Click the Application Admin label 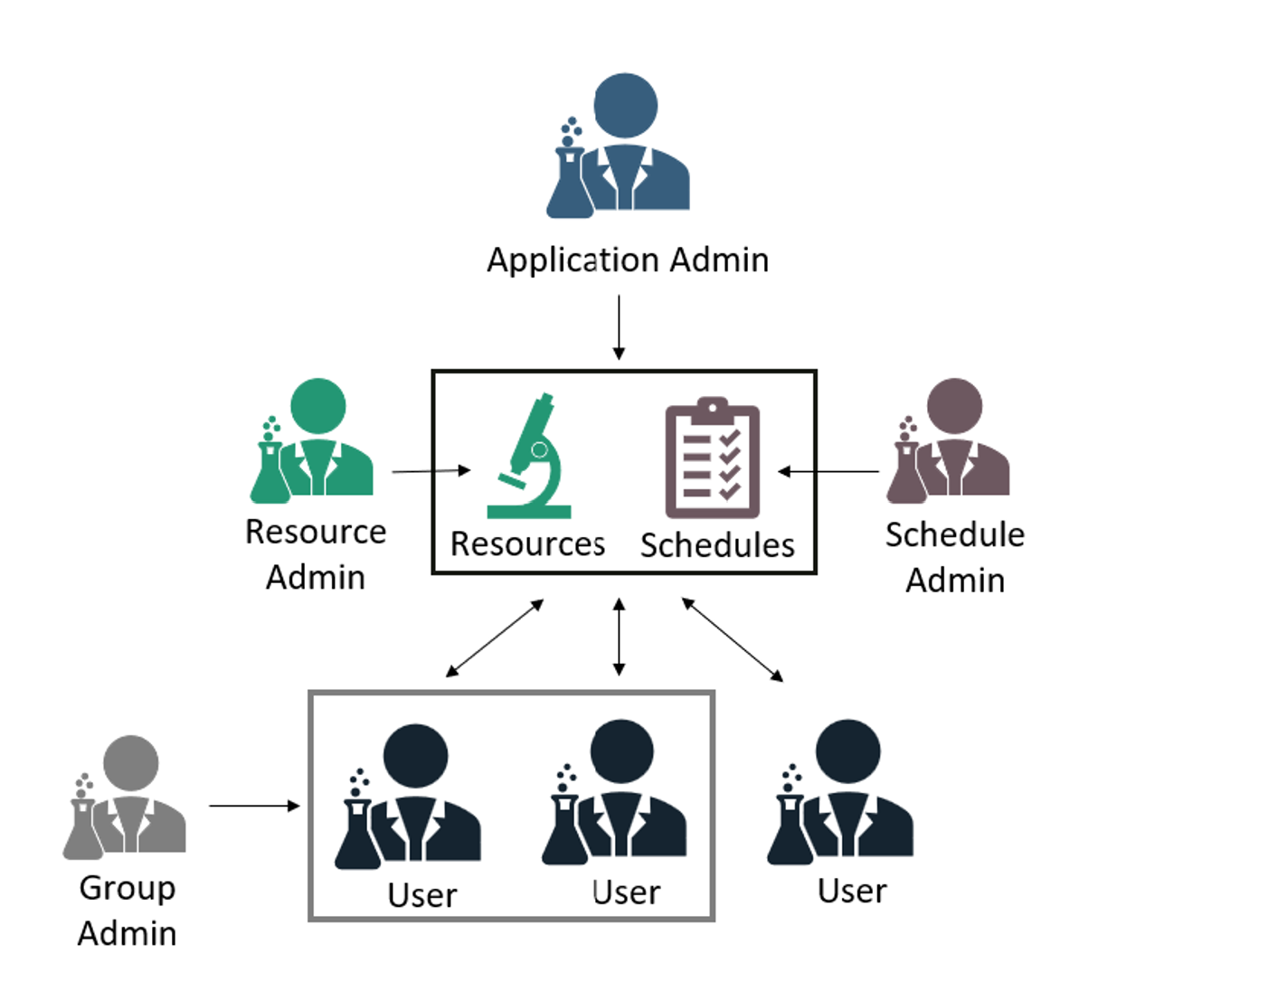point(628,260)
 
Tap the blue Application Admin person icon point(624,145)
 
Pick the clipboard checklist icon point(712,458)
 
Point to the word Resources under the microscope point(528,544)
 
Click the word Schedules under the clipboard point(717,545)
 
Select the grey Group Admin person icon point(127,798)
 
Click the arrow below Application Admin point(619,327)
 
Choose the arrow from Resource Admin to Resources point(431,470)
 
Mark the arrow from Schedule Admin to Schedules point(828,471)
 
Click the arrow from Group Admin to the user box point(254,805)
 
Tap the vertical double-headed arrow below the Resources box point(619,637)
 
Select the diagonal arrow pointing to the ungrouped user point(733,639)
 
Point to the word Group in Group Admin point(128,888)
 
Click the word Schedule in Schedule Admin point(955,534)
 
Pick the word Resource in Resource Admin point(316,532)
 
